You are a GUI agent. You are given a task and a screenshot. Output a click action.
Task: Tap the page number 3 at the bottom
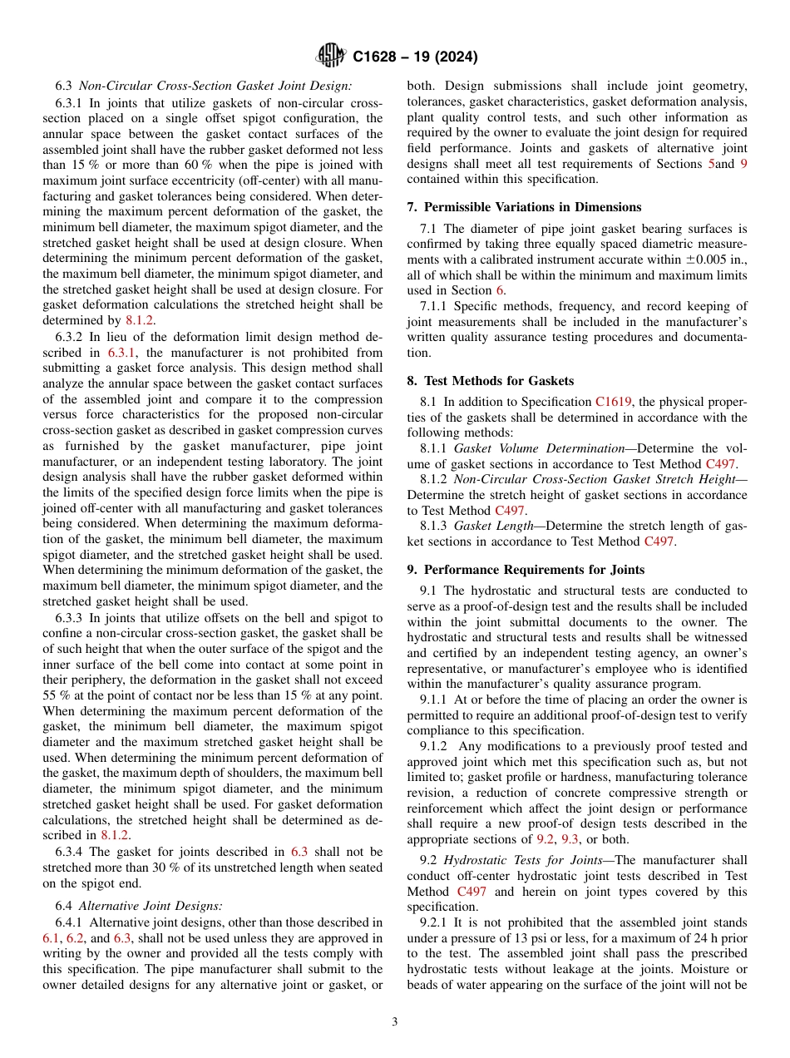coord(395,1022)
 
